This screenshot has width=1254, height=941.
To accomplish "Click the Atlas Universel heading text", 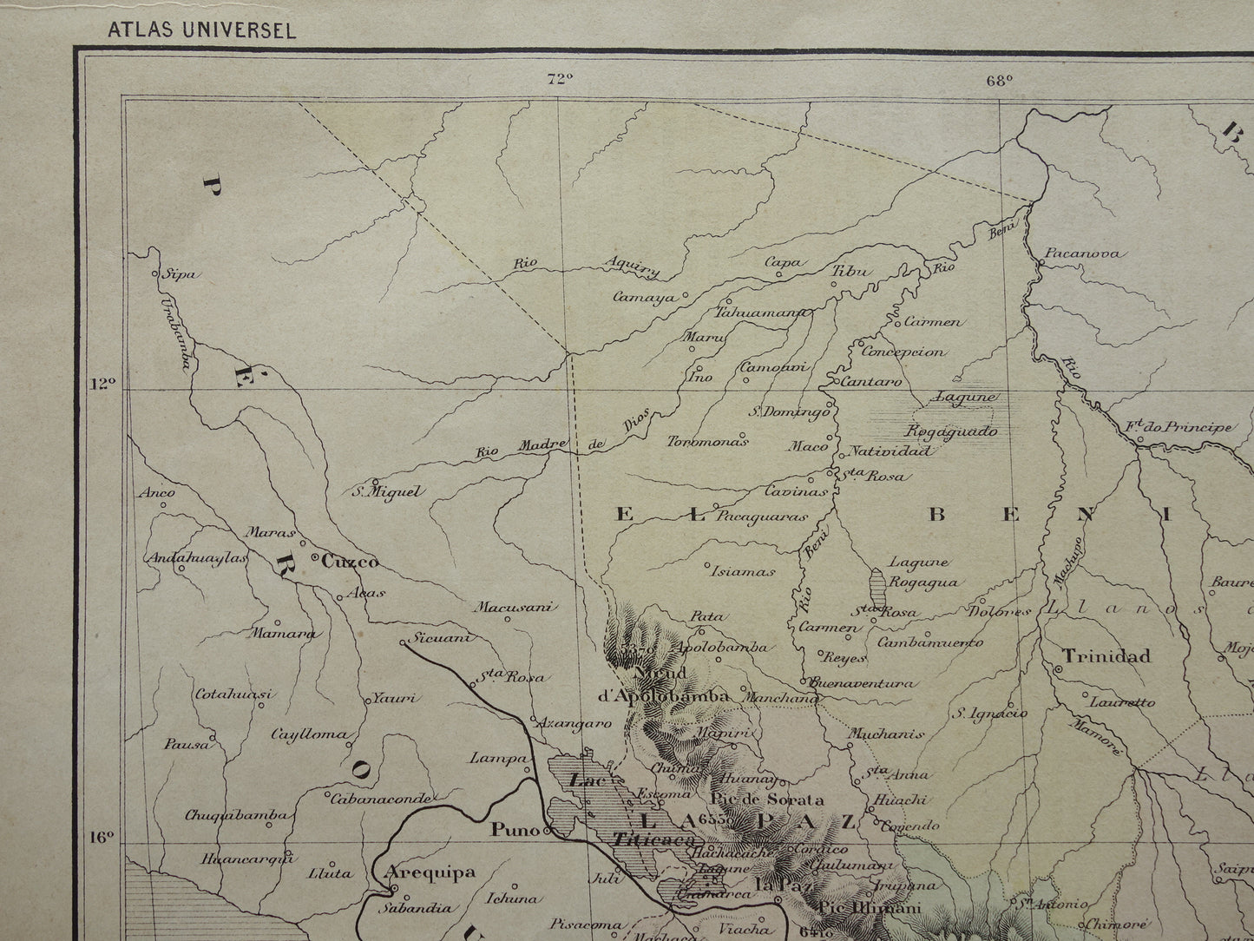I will [x=201, y=30].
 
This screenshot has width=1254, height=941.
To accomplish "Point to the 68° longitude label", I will [x=999, y=81].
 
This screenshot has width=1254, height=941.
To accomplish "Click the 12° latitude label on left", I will [x=102, y=383].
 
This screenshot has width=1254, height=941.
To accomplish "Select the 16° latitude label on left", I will [x=102, y=838].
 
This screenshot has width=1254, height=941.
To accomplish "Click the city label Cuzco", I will [x=350, y=562].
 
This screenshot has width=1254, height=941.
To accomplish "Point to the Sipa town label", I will [x=183, y=275].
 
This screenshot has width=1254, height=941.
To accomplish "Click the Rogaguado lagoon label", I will [x=951, y=431].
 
